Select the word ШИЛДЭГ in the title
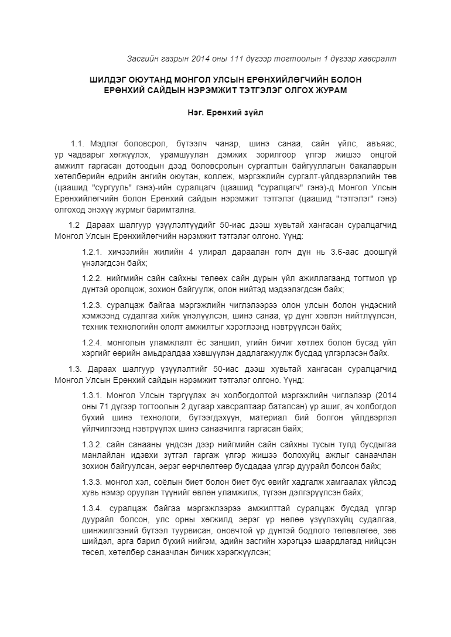click(110, 79)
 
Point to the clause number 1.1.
click(78, 143)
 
